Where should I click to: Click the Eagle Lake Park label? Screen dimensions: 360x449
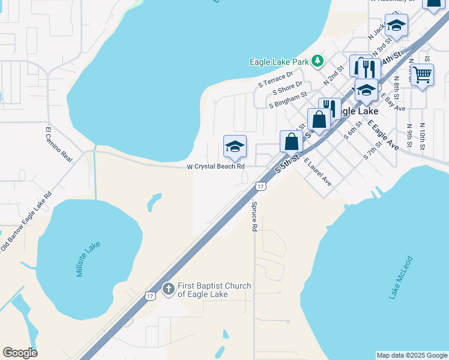279,61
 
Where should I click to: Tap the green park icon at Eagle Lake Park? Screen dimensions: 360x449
318,61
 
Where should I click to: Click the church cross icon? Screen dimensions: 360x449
169,289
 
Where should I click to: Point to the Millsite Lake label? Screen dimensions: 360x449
88,259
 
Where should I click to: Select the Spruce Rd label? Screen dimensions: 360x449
255,216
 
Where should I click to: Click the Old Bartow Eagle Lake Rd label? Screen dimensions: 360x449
26,223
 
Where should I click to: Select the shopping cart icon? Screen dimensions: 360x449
423,75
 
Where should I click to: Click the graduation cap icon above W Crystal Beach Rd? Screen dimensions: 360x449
235,146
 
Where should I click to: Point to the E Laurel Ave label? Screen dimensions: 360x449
318,171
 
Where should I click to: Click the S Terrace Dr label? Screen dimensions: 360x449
275,79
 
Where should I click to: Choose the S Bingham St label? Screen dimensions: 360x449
288,99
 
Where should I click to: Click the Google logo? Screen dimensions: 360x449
20,353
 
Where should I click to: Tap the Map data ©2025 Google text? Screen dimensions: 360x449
412,355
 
